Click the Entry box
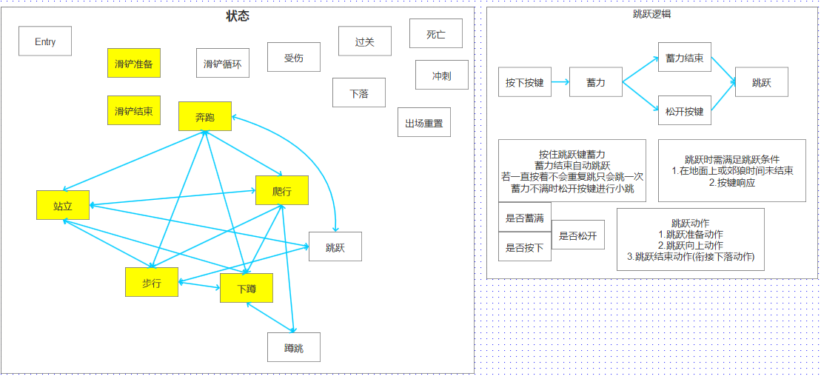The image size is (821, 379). (45, 41)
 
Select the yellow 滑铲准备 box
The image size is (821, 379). (133, 64)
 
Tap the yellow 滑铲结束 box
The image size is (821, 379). (133, 111)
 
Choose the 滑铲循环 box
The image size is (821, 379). (222, 64)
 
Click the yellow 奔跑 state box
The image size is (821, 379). (205, 116)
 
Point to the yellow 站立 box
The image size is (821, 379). (63, 205)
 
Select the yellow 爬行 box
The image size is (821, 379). (281, 191)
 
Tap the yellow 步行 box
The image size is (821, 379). (152, 282)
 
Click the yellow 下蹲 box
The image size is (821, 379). (247, 288)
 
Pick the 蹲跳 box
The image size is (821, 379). (294, 347)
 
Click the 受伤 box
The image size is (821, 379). (294, 57)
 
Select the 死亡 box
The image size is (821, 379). (436, 34)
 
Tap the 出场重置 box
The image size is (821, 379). (424, 123)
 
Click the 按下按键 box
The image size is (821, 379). (525, 82)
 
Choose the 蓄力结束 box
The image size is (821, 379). (685, 57)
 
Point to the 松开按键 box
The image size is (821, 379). (685, 111)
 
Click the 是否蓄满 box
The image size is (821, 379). (525, 218)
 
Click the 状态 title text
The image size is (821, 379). (238, 16)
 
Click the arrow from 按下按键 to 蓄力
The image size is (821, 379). (560, 82)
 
